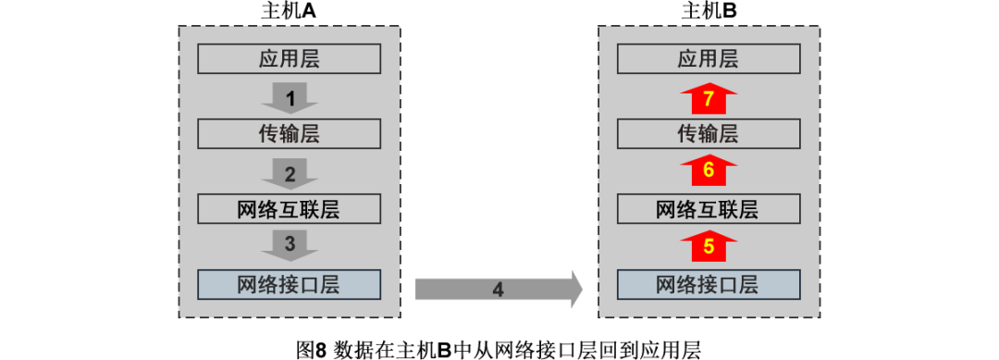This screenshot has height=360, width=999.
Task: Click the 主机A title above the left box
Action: click(289, 11)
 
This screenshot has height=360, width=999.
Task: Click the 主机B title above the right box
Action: click(709, 11)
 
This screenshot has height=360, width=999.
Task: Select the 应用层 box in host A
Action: click(289, 60)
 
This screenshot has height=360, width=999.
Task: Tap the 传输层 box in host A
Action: click(289, 134)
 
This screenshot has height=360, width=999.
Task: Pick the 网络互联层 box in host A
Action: click(289, 209)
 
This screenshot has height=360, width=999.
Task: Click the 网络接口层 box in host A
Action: click(289, 284)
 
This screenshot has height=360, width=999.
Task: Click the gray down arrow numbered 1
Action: click(290, 97)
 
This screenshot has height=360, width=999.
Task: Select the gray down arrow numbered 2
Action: click(290, 173)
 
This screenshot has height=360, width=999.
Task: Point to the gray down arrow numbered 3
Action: click(290, 245)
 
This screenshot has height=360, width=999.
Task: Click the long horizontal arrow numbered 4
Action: click(498, 290)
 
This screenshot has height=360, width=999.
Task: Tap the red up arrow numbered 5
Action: click(709, 246)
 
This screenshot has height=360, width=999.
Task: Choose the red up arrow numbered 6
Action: click(709, 170)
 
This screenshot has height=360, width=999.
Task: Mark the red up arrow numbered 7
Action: click(709, 97)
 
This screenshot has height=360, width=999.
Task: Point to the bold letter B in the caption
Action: click(443, 349)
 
